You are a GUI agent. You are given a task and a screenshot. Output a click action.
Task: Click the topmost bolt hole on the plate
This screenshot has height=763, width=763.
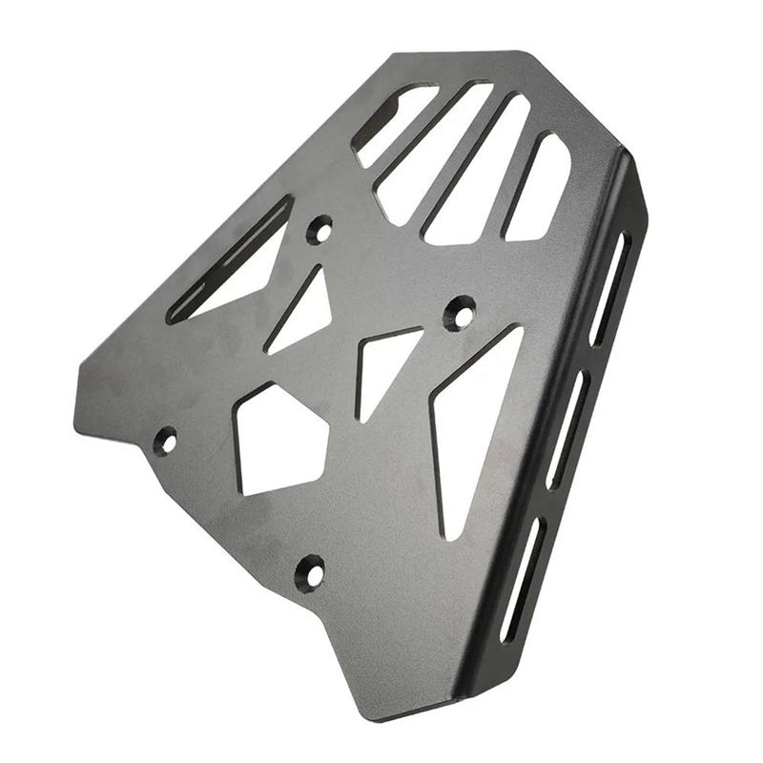[x=320, y=229]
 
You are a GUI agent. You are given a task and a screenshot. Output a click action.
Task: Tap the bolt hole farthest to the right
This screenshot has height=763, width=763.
[x=460, y=311]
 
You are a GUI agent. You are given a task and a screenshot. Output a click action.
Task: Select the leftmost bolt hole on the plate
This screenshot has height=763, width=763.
[x=166, y=441]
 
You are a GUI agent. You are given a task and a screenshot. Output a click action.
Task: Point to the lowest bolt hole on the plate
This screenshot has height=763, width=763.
[x=310, y=571]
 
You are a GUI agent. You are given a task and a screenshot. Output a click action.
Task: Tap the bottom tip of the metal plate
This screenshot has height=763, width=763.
[x=381, y=717]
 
